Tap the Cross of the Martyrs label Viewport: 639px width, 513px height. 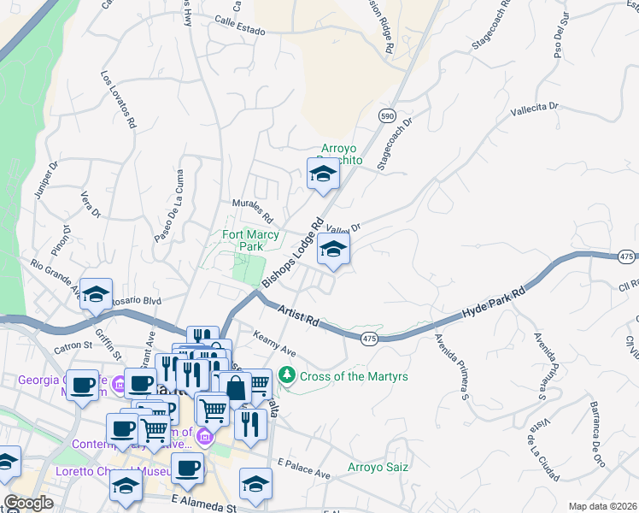(x=354, y=376)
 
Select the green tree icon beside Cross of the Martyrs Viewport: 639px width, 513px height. (x=288, y=375)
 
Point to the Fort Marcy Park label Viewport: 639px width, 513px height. (x=243, y=240)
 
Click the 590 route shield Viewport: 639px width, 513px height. (x=388, y=115)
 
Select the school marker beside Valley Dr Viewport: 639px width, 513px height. (x=333, y=251)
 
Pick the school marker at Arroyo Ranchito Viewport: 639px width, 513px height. (x=323, y=174)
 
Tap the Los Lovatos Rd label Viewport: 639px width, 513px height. (x=118, y=99)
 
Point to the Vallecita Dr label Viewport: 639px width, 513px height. (x=534, y=109)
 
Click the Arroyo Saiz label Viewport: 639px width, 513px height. (x=377, y=467)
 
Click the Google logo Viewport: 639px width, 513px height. (x=28, y=503)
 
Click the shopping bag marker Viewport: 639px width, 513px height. (x=234, y=388)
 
